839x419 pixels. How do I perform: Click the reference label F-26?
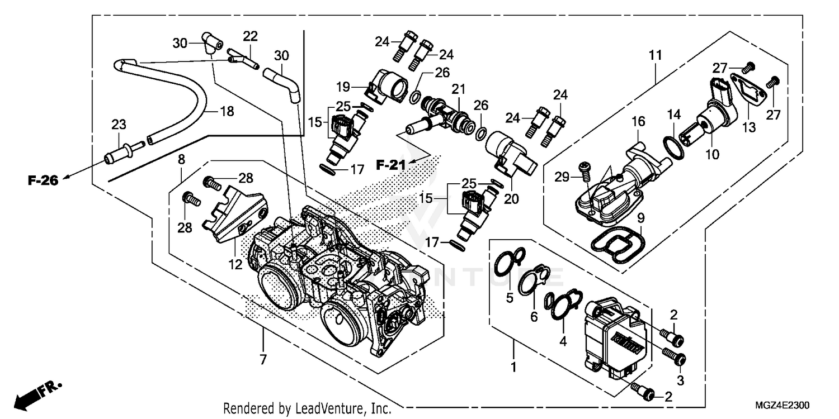tap(43, 180)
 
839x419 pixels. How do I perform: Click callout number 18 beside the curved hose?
tap(227, 112)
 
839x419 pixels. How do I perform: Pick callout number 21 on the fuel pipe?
tap(459, 89)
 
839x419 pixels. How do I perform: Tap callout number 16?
tap(639, 121)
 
